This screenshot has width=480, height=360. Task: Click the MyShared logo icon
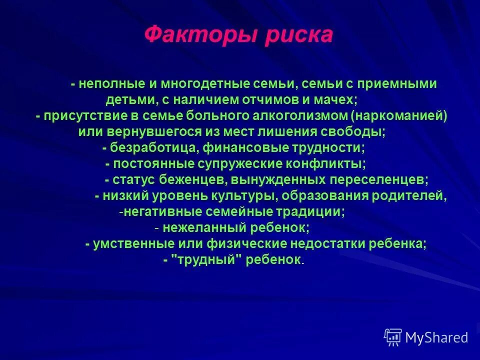coord(393,337)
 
